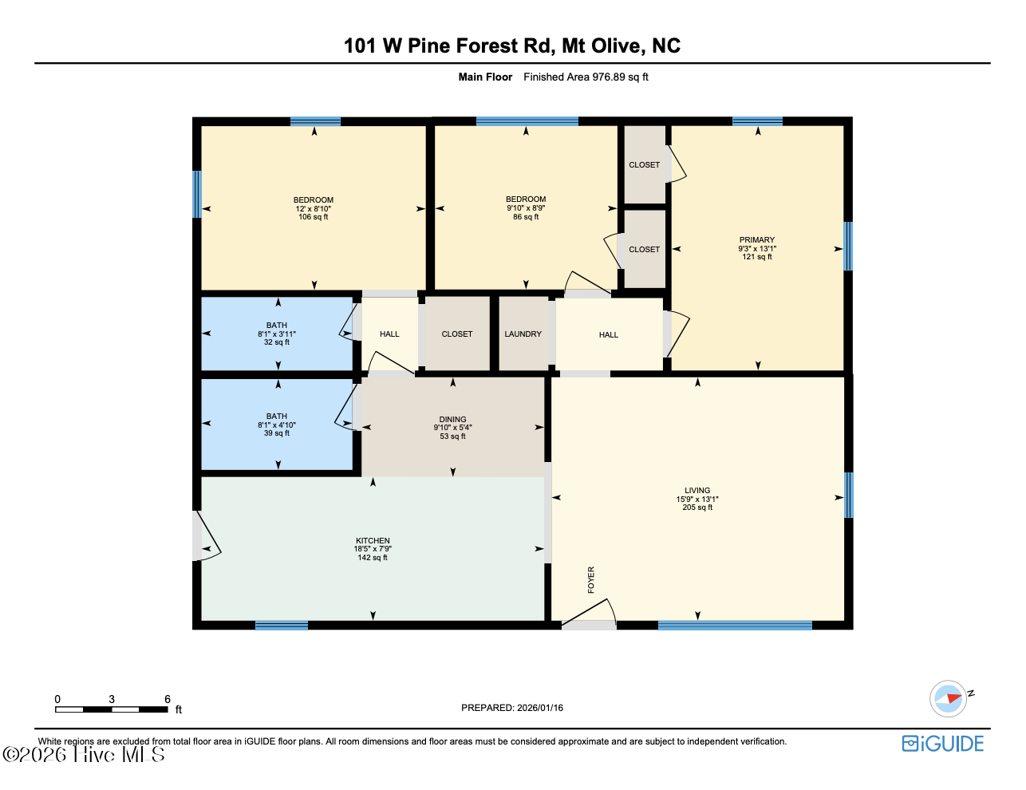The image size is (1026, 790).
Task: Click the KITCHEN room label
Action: click(373, 541)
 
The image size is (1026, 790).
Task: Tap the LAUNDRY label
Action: click(523, 334)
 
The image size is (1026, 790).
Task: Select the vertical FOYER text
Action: click(590, 580)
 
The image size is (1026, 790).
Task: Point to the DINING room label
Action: click(452, 419)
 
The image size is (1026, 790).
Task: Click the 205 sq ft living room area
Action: click(697, 508)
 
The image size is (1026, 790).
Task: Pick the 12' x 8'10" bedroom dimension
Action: click(313, 209)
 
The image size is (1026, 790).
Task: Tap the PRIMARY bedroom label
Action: click(757, 240)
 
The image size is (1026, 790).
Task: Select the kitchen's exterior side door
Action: click(207, 536)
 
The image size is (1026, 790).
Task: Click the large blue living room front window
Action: click(735, 626)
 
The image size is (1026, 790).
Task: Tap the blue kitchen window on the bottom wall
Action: click(282, 626)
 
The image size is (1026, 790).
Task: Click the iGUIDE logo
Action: click(943, 744)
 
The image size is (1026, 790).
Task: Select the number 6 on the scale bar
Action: click(168, 699)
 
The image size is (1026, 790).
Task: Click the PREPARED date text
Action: click(512, 708)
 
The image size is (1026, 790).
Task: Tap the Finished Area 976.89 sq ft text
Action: click(586, 77)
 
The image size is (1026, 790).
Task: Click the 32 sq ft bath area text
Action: click(277, 342)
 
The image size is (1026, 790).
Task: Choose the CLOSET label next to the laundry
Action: click(456, 334)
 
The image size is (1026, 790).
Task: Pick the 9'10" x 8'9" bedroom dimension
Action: click(526, 207)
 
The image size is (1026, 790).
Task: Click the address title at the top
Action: click(512, 45)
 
